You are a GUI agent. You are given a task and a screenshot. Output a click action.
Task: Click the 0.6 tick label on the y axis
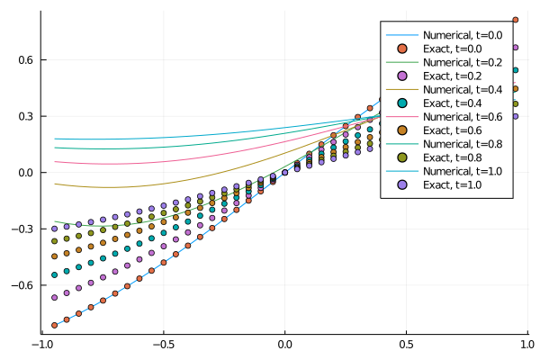[23, 59]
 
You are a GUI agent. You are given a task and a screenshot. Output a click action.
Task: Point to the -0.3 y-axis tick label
[21, 229]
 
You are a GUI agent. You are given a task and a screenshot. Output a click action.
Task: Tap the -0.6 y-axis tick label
[21, 284]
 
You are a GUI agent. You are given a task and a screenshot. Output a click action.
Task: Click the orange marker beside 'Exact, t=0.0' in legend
[403, 49]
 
